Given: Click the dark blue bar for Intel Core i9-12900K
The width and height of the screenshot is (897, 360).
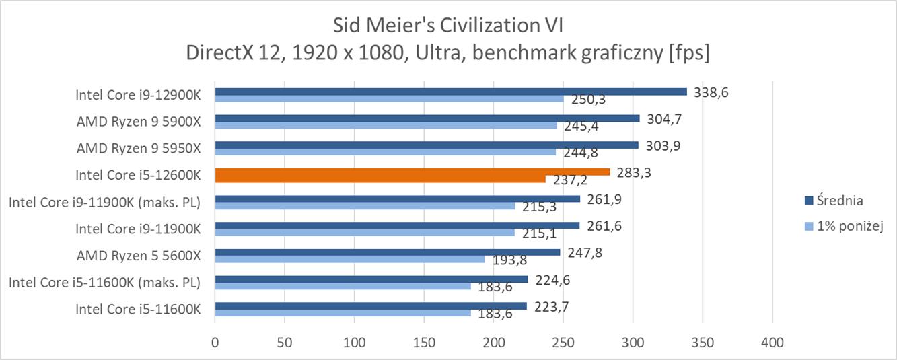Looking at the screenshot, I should [451, 92].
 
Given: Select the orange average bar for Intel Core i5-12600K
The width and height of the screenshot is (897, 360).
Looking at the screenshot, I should [412, 172].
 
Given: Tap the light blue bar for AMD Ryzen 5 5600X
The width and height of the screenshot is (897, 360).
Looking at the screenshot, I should [350, 259].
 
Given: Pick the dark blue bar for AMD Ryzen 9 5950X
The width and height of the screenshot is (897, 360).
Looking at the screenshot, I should [427, 145].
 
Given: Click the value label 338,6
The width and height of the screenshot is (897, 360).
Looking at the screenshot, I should [711, 92].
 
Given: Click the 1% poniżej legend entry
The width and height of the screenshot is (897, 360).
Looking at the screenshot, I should [848, 226].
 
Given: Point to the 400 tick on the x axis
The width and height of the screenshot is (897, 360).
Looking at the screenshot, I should [772, 343].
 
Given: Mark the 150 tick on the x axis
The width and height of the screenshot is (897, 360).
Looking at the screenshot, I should [424, 343].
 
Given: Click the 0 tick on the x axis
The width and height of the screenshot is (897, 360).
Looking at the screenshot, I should [215, 343].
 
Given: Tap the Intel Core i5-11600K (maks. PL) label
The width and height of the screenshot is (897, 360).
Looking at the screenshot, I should [105, 282].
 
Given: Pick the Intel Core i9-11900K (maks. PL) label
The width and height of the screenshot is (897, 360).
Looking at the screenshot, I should [105, 202].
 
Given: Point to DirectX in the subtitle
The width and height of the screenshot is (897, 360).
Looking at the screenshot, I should [219, 52].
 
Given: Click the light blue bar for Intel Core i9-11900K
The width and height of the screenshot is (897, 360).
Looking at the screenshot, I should [365, 232].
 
